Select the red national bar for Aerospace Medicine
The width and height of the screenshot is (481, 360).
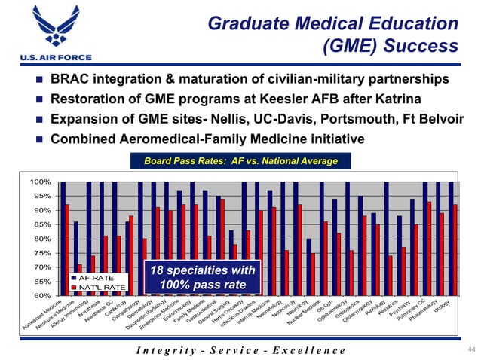(81, 279)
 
